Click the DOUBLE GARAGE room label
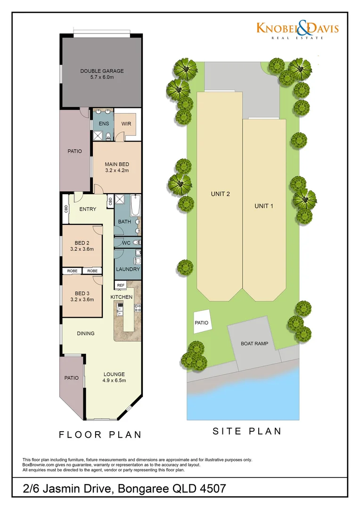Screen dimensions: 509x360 [x=102, y=71]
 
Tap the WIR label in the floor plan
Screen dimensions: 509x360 [x=126, y=124]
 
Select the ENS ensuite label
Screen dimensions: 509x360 [x=104, y=124]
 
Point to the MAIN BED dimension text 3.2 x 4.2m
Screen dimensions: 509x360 [x=117, y=171]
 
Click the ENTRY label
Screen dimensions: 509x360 [x=88, y=209]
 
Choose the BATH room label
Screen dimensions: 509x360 [x=124, y=222]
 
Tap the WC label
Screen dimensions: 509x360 [x=126, y=243]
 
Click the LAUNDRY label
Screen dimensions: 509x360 [x=128, y=269]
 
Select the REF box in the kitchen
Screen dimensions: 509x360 [x=121, y=285]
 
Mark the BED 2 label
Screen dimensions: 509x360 [x=82, y=243]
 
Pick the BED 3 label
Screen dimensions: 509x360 [x=82, y=293]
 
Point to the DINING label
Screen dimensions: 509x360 [x=86, y=333]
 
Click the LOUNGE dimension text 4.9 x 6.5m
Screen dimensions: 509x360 [x=114, y=380]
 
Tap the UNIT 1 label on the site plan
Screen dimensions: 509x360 [x=264, y=206]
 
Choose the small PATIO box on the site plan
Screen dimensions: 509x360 [x=201, y=323]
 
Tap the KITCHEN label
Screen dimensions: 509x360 [x=122, y=297]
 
